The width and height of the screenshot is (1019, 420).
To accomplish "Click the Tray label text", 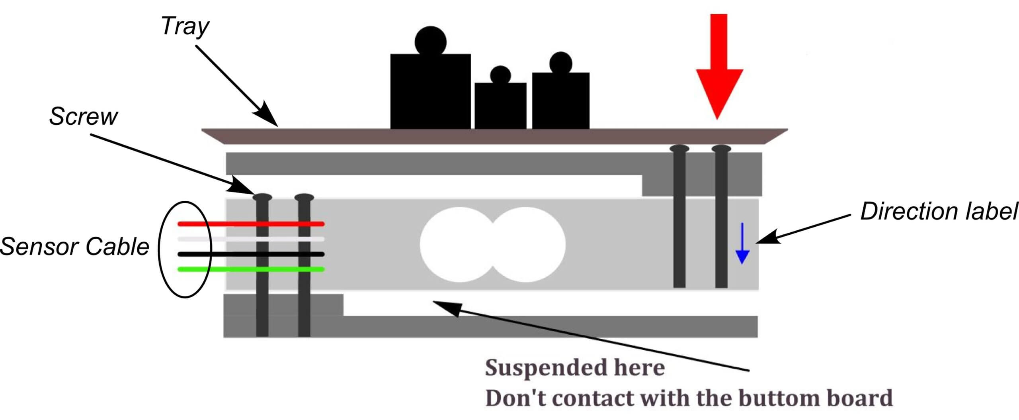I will point(185,27).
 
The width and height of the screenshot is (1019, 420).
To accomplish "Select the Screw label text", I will point(83,116).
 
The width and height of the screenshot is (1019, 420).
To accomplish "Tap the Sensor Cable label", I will point(75,246).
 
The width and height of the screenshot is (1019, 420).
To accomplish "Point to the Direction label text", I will point(939,211).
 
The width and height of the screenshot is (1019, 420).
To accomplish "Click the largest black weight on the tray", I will point(430,92).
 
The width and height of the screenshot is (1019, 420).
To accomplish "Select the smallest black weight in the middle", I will point(500,105).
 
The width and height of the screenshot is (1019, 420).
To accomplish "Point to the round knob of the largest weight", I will point(430,41).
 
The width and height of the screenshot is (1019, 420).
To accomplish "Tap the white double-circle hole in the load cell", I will point(493,245).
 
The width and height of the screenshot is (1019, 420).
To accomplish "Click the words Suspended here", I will point(575,367).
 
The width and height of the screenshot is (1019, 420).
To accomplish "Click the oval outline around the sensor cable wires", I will point(161,249).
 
